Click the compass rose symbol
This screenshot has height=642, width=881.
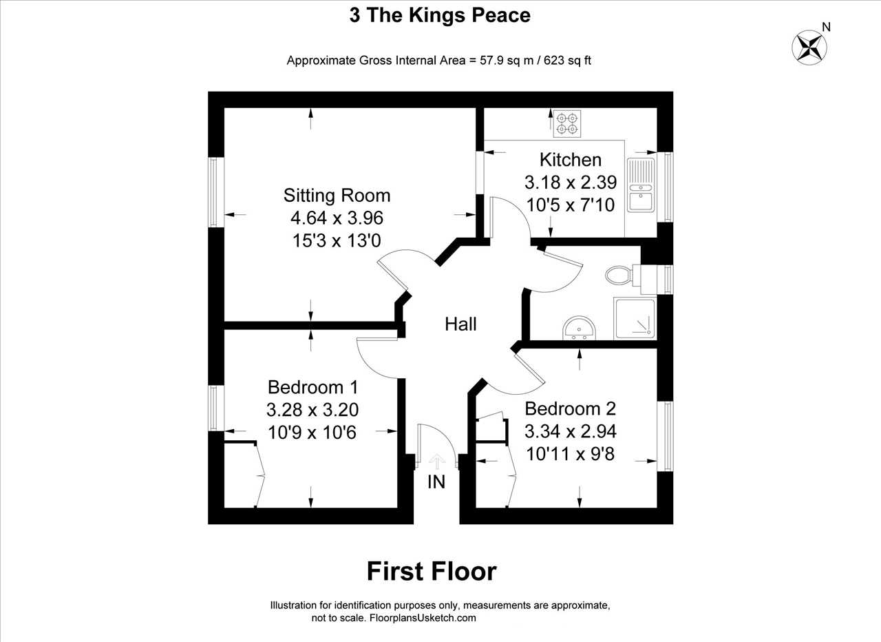[x=809, y=48]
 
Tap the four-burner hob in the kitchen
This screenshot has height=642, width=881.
[x=567, y=123]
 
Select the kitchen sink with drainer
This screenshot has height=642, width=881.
[x=641, y=185]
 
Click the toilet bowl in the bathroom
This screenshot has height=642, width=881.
[x=619, y=275]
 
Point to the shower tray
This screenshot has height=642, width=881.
[x=635, y=318]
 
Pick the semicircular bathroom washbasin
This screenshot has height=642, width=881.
[x=580, y=327]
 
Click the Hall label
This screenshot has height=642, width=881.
[x=460, y=324]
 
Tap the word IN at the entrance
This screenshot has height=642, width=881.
[x=436, y=482]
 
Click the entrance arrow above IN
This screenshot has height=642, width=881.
[x=436, y=462]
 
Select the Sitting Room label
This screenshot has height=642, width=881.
[x=337, y=196]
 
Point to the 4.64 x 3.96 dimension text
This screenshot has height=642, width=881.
[x=337, y=218]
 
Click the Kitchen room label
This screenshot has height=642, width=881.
[x=571, y=160]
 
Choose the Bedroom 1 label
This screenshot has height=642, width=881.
[x=312, y=387]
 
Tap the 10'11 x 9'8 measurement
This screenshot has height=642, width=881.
[x=571, y=454]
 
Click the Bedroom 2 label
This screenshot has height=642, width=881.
[x=571, y=408]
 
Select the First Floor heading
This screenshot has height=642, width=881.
[x=432, y=572]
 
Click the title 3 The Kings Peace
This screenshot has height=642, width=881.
[x=440, y=16]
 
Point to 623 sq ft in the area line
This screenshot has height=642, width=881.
[x=568, y=61]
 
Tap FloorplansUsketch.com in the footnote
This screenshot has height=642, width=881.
[x=423, y=618]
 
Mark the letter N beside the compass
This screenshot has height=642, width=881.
[x=827, y=27]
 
